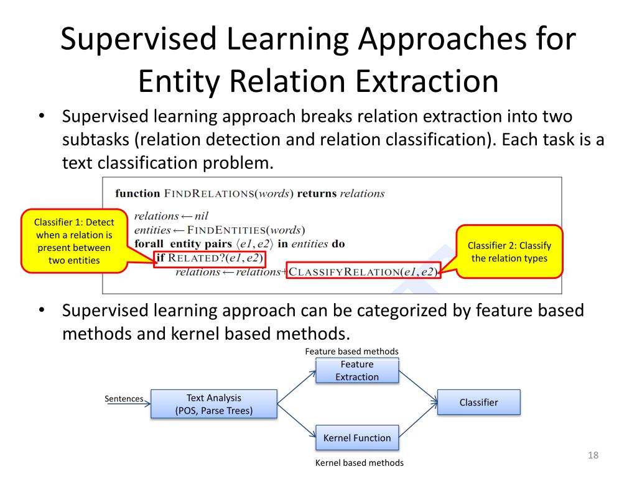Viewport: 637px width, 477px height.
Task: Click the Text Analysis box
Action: coord(214,404)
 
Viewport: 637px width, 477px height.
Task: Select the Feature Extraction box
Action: coord(357,370)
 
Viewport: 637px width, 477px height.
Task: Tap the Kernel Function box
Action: coord(357,438)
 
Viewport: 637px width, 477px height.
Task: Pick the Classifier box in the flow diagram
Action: coord(478,402)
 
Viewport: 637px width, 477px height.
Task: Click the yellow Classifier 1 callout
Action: coord(74,240)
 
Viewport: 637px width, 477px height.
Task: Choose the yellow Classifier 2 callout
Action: coord(509,252)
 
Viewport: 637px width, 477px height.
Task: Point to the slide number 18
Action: coord(593,456)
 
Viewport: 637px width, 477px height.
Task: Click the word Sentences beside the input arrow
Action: coord(124,399)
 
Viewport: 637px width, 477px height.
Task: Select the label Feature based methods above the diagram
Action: coord(351,352)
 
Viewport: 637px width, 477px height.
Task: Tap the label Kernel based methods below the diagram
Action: coord(360,463)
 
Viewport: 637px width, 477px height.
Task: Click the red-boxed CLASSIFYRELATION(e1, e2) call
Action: coord(363,271)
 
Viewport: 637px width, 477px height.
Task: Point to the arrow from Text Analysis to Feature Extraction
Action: coord(297,386)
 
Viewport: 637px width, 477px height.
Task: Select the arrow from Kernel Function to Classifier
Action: coord(418,420)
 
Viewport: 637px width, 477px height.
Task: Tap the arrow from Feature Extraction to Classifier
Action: coord(418,386)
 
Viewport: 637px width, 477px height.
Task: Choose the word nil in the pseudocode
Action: coord(201,216)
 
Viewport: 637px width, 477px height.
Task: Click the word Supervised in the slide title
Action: coord(139,39)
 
